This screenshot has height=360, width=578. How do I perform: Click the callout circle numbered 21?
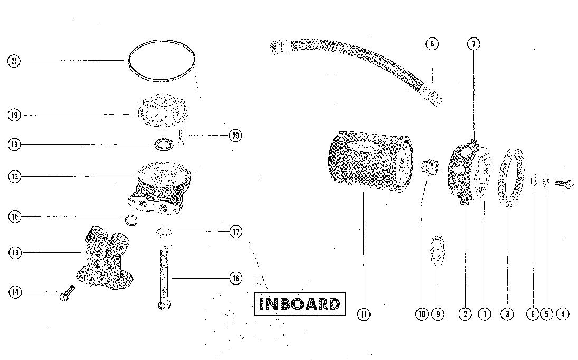coord(14,61)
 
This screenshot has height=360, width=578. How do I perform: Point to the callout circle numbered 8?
coord(432,44)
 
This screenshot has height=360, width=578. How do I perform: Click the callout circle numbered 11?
coord(363,314)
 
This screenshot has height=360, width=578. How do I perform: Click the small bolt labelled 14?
coord(67,293)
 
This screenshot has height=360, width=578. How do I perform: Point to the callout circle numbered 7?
coord(473,44)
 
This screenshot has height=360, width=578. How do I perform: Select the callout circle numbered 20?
coord(235,136)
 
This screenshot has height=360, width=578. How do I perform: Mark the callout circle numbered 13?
coord(14,253)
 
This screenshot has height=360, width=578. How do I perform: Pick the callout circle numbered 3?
coord(507,314)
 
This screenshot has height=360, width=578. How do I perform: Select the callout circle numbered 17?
coord(235,231)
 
